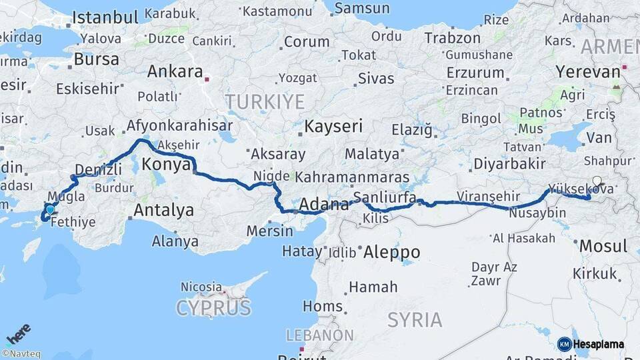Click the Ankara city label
[175, 71]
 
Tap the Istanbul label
[105, 17]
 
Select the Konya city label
[167, 165]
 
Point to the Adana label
[325, 204]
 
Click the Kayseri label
[333, 126]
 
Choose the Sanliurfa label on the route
[385, 197]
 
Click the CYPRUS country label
[213, 308]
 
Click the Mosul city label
[603, 245]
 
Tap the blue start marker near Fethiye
[50, 209]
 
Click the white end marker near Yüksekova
[597, 181]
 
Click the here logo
[18, 333]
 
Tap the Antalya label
[163, 211]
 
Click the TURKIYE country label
[265, 102]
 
